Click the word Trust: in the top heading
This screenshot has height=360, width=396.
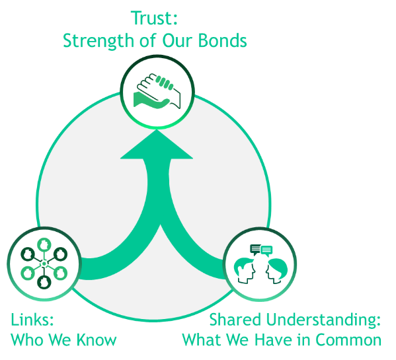pos(154,18)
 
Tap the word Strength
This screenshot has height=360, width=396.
pos(99,41)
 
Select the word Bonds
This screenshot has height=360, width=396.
pos(222,40)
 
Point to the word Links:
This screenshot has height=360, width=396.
pos(32,319)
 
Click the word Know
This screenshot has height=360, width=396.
pos(97,340)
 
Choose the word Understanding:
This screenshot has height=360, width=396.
pos(323,320)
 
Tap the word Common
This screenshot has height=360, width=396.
pos(348,340)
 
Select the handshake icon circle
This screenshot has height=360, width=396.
pos(157,92)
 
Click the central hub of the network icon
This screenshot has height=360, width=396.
pos(44,264)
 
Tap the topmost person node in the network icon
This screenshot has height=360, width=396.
pos(44,244)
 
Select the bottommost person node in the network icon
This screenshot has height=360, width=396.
pos(44,282)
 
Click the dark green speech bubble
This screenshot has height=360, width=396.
pos(255,250)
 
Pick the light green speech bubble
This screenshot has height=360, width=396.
pos(266,251)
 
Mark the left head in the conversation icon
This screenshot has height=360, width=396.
pos(245,270)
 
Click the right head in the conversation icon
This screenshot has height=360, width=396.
pos(276,271)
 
